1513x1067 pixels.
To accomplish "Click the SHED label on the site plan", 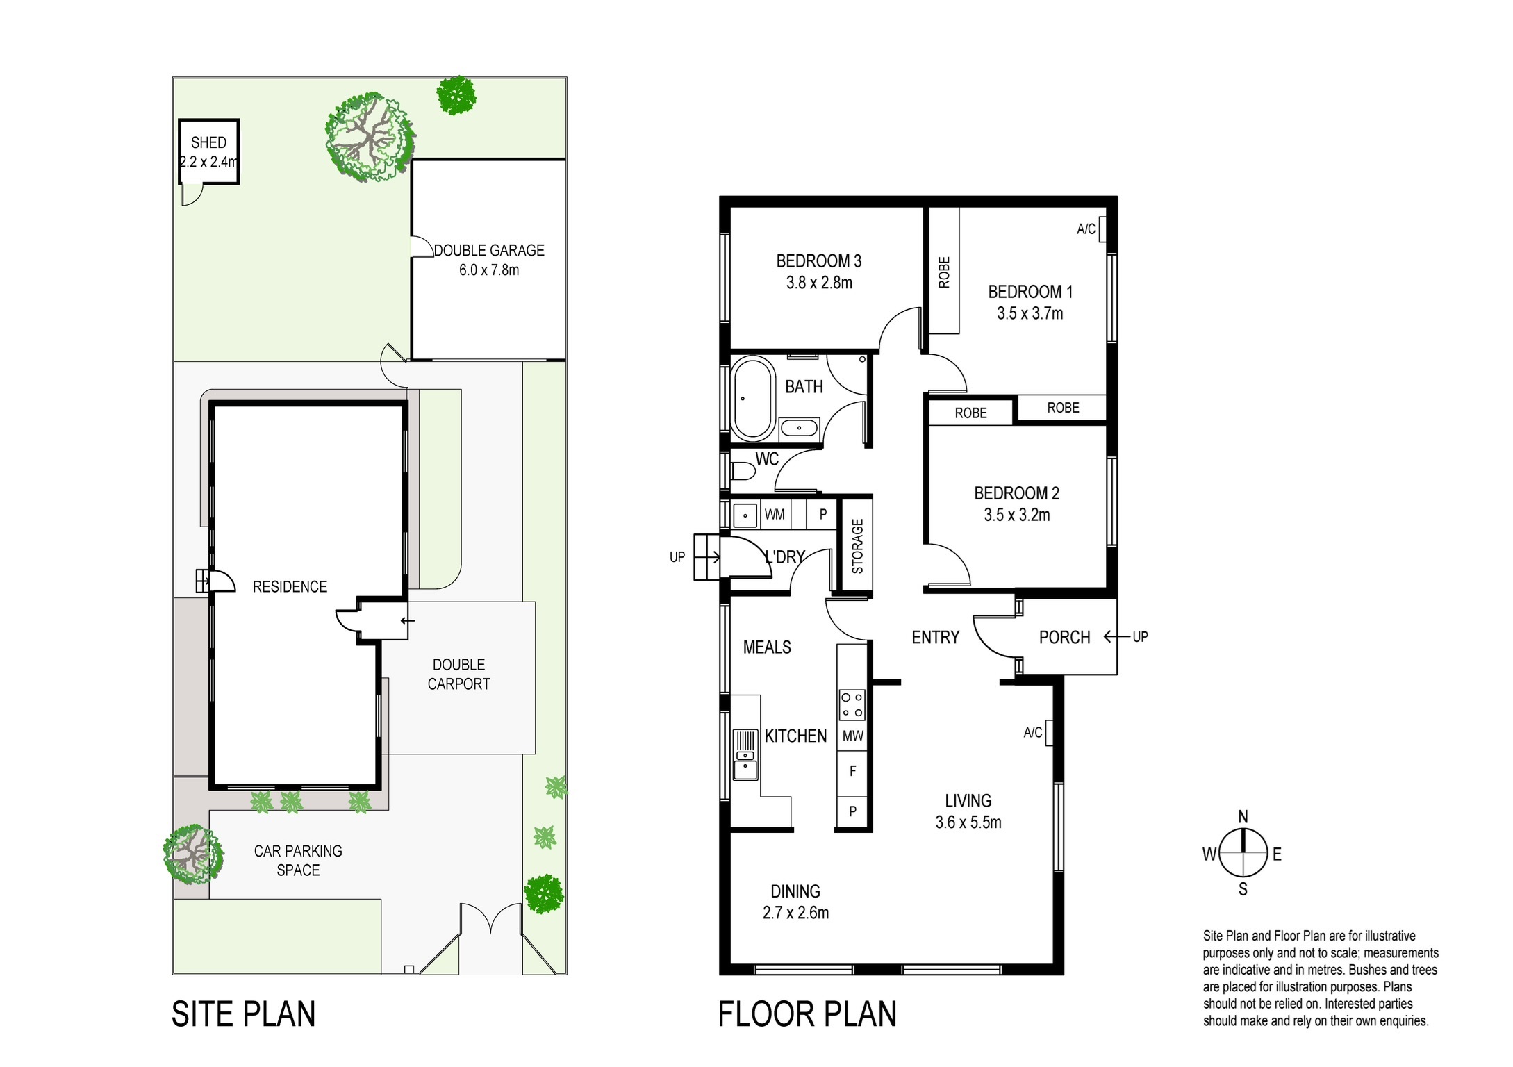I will (208, 143).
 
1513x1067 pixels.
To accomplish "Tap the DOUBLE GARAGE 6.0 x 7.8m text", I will (489, 260).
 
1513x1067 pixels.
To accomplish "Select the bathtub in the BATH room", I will (752, 399).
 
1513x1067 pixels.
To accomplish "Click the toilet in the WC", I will (743, 472).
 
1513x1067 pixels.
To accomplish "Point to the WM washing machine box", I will (775, 515).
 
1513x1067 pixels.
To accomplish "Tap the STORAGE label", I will (857, 546).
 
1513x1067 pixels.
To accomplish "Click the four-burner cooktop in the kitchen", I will (852, 704).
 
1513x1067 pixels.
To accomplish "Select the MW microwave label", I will (852, 736).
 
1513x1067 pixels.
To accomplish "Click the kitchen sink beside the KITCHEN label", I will (745, 755).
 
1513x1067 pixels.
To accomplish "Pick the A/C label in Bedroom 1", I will (1086, 229).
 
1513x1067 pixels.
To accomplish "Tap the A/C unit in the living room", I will (1049, 733).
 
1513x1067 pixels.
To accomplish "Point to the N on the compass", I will (1243, 817).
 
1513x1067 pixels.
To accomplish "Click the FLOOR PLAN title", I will (807, 1014).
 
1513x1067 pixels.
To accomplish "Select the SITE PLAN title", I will (243, 1014).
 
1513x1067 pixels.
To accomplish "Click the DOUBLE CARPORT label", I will (458, 675).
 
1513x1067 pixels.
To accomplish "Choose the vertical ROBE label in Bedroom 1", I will (944, 272).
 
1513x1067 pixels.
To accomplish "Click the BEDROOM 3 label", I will (818, 261).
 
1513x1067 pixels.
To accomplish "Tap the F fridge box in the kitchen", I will (852, 771).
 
